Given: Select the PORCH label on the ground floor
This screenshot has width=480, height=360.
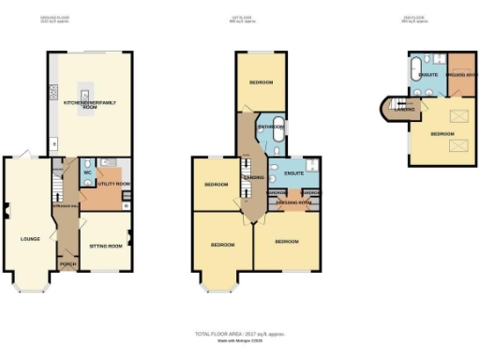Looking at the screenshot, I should [x=67, y=263].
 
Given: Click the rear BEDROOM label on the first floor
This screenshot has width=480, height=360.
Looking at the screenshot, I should [x=262, y=82].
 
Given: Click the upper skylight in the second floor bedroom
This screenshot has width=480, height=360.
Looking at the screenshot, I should [x=449, y=115].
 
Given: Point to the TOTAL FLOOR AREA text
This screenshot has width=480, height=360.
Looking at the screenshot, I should [x=239, y=334].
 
